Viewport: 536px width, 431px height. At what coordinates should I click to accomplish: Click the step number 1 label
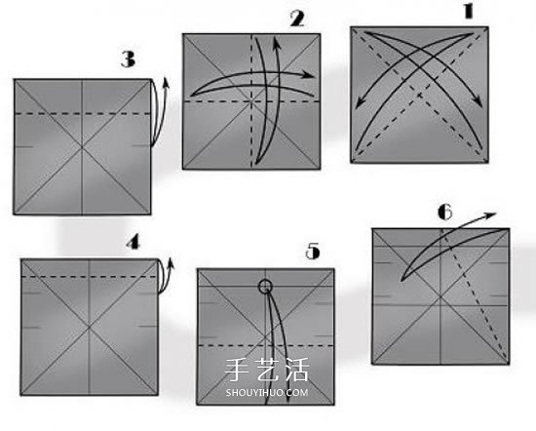(x=469, y=12)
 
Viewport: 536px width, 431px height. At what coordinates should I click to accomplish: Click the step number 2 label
(x=297, y=19)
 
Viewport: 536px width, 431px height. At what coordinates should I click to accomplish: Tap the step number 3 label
(x=129, y=59)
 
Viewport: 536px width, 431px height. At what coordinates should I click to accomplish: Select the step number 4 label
(x=133, y=243)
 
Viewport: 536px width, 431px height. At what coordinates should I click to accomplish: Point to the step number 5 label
(x=313, y=251)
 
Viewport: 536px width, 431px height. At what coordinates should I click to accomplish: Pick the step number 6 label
(x=445, y=212)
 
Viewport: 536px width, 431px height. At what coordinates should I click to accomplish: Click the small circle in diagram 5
(x=265, y=287)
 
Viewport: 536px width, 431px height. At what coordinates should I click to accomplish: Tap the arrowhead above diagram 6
(x=491, y=215)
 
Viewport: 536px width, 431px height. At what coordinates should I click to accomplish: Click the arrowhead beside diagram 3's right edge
(x=166, y=83)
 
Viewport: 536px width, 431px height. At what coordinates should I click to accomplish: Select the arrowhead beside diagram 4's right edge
(x=171, y=261)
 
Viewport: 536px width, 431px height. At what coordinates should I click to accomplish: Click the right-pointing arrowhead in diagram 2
(x=309, y=75)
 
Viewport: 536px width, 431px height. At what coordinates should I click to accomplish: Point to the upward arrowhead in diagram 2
(x=276, y=44)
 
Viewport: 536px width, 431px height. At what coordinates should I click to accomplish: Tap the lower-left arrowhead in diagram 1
(x=360, y=103)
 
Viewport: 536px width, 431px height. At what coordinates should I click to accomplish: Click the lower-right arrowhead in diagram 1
(x=479, y=101)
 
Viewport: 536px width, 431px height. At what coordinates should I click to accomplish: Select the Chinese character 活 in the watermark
(x=296, y=370)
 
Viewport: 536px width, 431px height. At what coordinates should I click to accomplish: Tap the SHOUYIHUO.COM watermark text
(x=267, y=392)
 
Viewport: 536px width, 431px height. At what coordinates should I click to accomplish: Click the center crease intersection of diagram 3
(x=82, y=147)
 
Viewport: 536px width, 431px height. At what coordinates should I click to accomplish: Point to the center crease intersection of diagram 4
(x=90, y=328)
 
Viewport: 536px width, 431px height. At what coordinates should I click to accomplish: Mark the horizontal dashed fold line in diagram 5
(x=266, y=345)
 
